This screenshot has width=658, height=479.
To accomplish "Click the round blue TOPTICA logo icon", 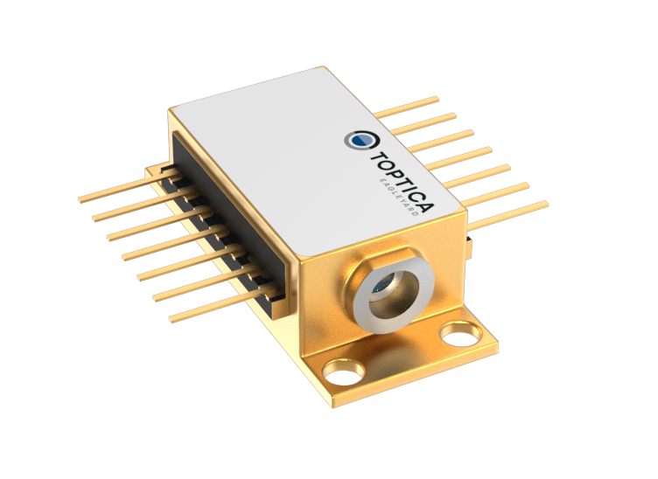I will point(357,140).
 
